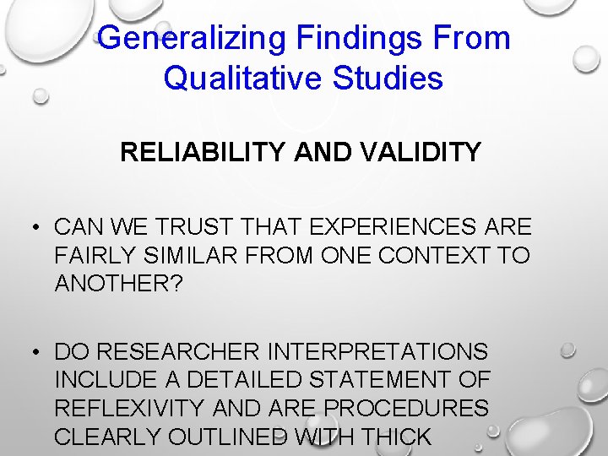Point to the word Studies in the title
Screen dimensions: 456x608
click(x=394, y=78)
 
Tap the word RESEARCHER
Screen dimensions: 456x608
click(x=176, y=351)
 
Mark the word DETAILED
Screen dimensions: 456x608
click(x=238, y=379)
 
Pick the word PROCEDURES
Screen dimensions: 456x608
click(x=406, y=408)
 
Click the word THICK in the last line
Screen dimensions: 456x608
click(x=396, y=436)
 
